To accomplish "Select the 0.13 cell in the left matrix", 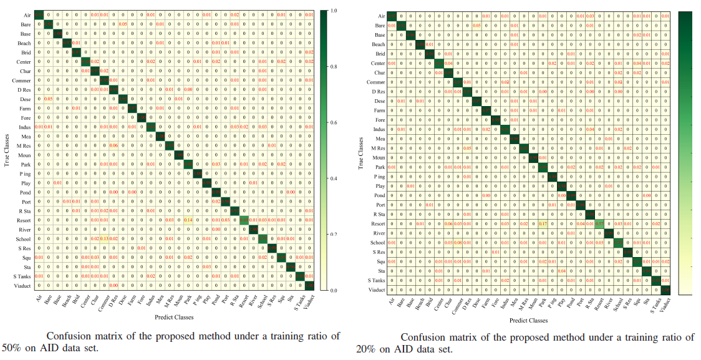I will pos(104,239).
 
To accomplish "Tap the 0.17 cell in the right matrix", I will pos(543,223).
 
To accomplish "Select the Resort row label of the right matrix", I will pos(376,223).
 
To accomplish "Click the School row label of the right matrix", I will pos(376,242).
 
